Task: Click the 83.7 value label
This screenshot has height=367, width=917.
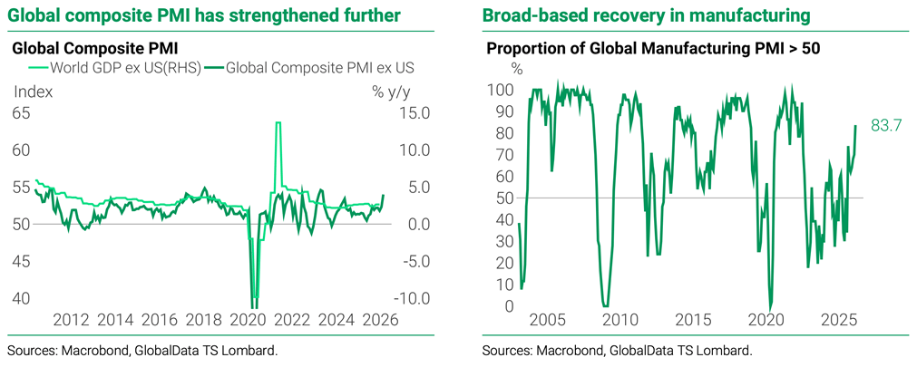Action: pyautogui.click(x=885, y=126)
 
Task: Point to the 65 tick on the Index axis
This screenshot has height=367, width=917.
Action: pyautogui.click(x=20, y=113)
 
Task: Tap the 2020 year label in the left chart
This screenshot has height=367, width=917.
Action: pyautogui.click(x=247, y=320)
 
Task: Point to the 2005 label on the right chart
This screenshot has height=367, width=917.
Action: pyautogui.click(x=547, y=320)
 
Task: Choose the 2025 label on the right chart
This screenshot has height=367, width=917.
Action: pyautogui.click(x=839, y=320)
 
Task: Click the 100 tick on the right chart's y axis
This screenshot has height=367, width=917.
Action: pyautogui.click(x=501, y=91)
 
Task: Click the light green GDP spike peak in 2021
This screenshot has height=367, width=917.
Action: pyautogui.click(x=278, y=123)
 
